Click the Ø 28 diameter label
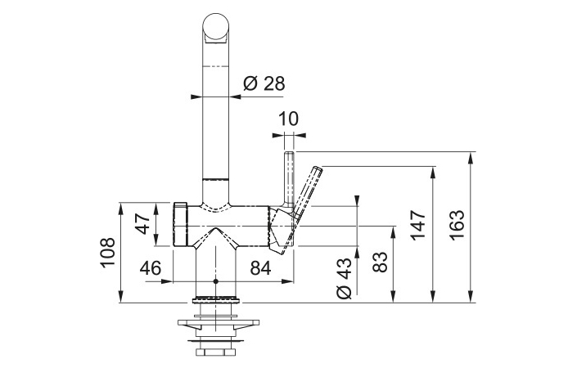pyautogui.click(x=264, y=83)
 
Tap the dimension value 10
pyautogui.click(x=288, y=119)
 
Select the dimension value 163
pyautogui.click(x=457, y=225)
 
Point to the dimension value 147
pyautogui.click(x=418, y=225)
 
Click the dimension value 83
pyautogui.click(x=380, y=262)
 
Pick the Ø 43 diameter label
pyautogui.click(x=345, y=278)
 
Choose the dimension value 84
pyautogui.click(x=260, y=268)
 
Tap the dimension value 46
pyautogui.click(x=151, y=268)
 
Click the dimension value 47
pyautogui.click(x=142, y=223)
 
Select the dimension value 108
pyautogui.click(x=107, y=253)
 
